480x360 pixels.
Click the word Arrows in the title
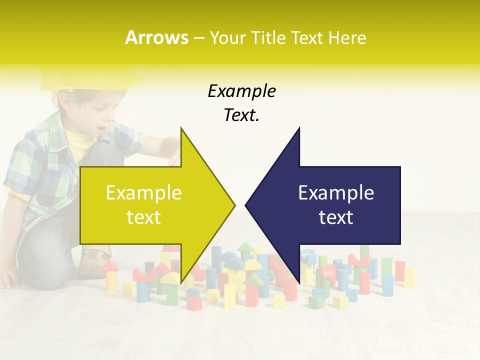[x=156, y=37]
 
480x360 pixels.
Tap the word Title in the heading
[x=269, y=38]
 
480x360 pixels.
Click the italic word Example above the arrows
[x=241, y=91]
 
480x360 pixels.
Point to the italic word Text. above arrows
[x=241, y=115]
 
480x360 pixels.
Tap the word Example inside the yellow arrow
[x=144, y=193]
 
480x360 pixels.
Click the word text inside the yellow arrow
[x=144, y=217]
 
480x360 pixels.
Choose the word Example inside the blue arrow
[x=336, y=193]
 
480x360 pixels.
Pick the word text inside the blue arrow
[x=336, y=217]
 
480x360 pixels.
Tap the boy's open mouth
[x=101, y=129]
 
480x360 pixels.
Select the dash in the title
[x=198, y=38]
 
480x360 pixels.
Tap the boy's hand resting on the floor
[x=7, y=280]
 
